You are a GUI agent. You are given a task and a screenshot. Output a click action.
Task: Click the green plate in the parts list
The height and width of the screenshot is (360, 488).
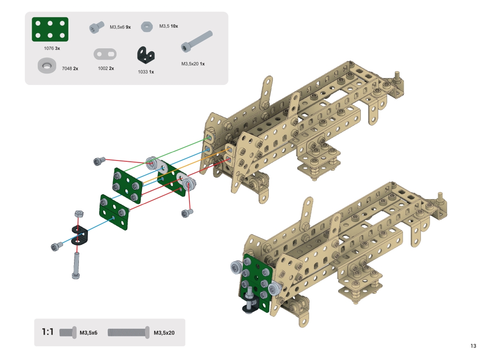pyautogui.click(x=50, y=29)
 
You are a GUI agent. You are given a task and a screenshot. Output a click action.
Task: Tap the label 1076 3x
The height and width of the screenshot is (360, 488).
pyautogui.click(x=52, y=48)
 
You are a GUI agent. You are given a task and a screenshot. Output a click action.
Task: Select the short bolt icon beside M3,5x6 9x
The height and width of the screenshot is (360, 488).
pyautogui.click(x=97, y=27)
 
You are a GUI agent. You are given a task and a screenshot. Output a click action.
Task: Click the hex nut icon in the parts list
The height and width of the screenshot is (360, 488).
pyautogui.click(x=147, y=26)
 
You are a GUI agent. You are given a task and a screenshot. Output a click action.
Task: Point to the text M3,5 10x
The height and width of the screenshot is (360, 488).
pyautogui.click(x=168, y=26)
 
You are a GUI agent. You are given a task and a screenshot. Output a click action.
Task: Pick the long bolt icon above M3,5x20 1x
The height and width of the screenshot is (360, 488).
pyautogui.click(x=196, y=41)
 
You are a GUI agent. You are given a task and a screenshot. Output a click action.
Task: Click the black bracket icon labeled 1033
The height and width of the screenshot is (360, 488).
pyautogui.click(x=146, y=54)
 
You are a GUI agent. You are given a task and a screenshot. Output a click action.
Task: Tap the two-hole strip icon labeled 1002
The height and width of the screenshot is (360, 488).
pyautogui.click(x=105, y=54)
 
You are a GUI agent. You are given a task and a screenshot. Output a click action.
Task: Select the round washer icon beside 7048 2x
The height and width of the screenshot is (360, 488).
pyautogui.click(x=47, y=65)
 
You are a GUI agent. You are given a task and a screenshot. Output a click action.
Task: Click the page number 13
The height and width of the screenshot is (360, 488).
pyautogui.click(x=473, y=346)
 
